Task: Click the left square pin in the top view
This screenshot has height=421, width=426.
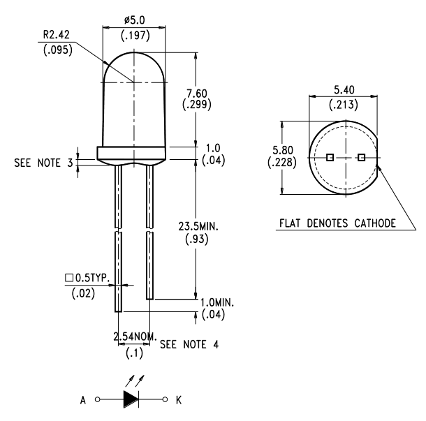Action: click(x=330, y=158)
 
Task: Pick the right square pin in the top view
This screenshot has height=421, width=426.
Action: click(x=360, y=158)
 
